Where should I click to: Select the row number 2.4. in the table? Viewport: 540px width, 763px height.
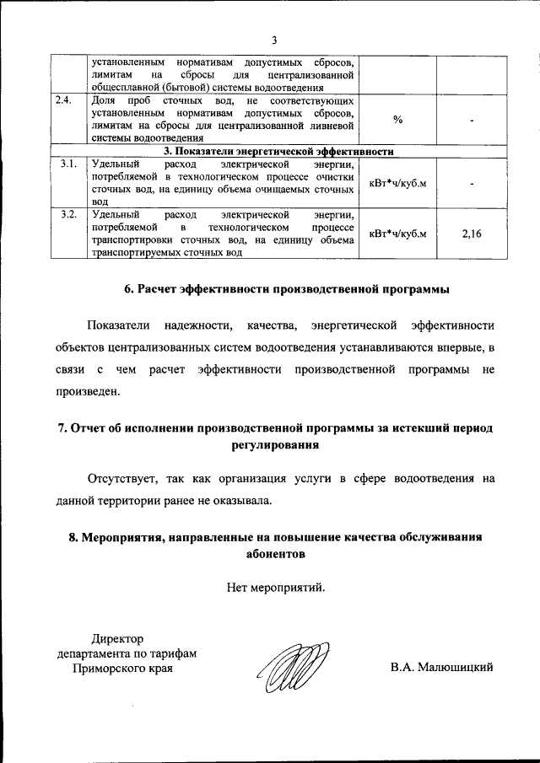pos(63,100)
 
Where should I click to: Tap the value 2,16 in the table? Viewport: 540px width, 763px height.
pos(472,233)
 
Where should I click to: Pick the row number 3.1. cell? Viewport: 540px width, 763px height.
pos(68,163)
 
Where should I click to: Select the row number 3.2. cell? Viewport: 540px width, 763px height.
pos(68,214)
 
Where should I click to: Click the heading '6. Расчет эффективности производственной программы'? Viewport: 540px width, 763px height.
pos(287,288)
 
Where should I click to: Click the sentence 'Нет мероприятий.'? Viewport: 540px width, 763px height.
pos(275,588)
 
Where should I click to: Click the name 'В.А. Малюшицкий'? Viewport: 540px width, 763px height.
pos(441,668)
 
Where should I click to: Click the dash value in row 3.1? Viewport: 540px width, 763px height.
pos(472,182)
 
